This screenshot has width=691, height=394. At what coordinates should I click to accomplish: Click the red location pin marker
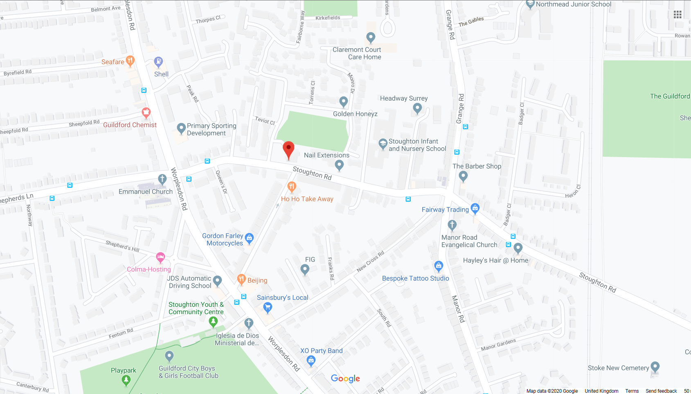[288, 149]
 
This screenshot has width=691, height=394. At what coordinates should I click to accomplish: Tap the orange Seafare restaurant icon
[130, 61]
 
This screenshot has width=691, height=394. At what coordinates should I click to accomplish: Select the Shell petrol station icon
[158, 62]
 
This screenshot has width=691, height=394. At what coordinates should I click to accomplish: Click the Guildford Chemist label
[130, 125]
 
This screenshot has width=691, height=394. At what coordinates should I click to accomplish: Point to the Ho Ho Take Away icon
[292, 187]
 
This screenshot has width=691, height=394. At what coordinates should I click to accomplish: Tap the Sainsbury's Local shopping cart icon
[268, 307]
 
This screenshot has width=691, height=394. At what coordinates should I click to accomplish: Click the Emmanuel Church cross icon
[162, 179]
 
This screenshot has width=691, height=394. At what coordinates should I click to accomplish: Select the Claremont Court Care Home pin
[371, 37]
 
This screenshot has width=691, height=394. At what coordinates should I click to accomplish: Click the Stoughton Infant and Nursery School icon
[383, 144]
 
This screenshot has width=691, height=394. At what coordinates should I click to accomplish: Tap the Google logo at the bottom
[345, 378]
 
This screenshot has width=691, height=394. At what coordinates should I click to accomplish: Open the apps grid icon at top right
[677, 14]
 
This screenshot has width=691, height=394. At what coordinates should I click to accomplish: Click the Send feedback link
[661, 391]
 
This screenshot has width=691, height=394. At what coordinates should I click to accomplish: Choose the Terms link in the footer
[632, 391]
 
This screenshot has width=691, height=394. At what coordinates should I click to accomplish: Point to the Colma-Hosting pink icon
[160, 257]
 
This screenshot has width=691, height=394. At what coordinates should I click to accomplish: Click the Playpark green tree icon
[126, 380]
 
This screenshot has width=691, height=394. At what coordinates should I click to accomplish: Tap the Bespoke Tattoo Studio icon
[439, 266]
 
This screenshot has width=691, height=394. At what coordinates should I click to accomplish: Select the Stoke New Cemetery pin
[655, 367]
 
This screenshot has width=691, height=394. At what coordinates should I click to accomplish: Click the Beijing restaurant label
[257, 280]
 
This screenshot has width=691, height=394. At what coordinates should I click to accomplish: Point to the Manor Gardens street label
[498, 345]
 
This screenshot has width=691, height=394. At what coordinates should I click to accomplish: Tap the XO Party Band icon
[311, 360]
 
